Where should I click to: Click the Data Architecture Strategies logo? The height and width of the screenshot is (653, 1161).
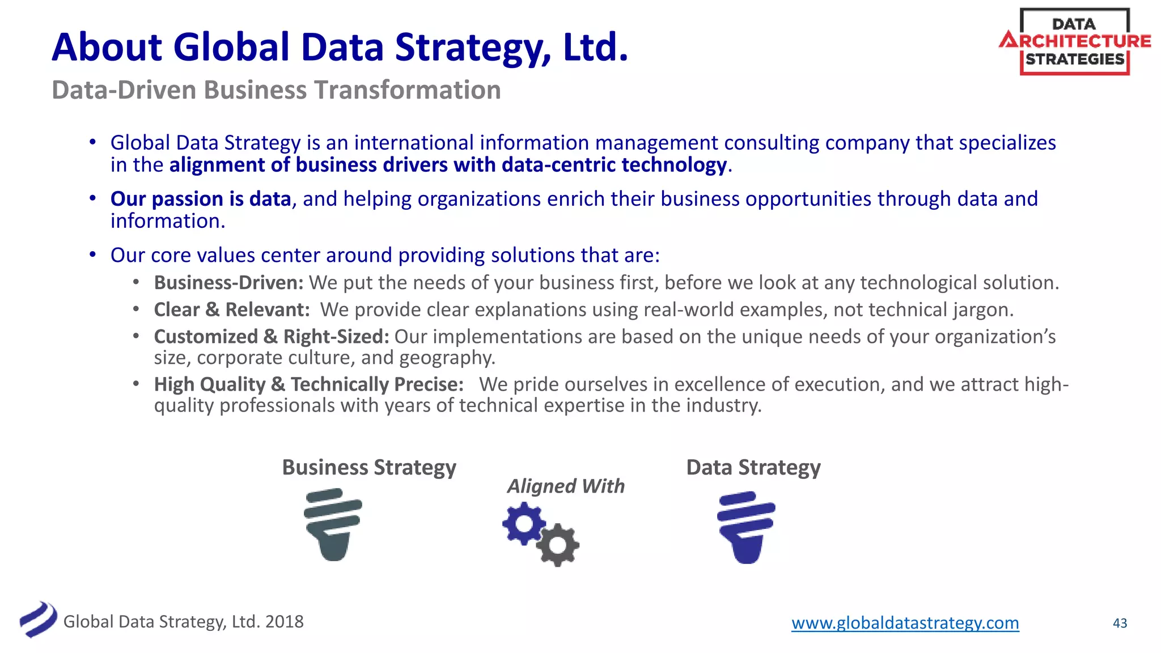[1074, 41]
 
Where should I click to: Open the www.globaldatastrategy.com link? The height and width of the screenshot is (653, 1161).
[905, 623]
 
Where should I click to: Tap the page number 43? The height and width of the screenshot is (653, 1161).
[1120, 624]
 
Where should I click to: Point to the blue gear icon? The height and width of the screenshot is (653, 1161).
[523, 524]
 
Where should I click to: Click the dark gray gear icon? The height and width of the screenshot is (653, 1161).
[558, 545]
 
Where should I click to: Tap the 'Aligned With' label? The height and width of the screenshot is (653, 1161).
[566, 486]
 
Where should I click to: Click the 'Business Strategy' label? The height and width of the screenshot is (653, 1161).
[369, 468]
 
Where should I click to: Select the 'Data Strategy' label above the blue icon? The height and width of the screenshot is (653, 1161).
[753, 468]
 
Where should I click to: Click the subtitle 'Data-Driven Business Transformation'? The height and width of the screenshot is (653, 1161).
[276, 90]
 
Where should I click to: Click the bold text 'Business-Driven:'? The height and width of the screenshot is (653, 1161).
[229, 282]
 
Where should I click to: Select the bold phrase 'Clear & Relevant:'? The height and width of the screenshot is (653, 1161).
[232, 309]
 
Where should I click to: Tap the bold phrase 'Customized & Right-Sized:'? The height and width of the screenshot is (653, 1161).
[272, 337]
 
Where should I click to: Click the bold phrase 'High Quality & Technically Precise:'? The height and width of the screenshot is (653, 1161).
[309, 384]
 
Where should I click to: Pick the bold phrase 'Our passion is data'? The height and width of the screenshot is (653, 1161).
[201, 199]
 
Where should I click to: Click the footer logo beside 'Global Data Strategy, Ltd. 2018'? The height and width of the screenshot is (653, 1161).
[38, 619]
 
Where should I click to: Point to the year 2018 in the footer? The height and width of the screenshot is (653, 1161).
[285, 622]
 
